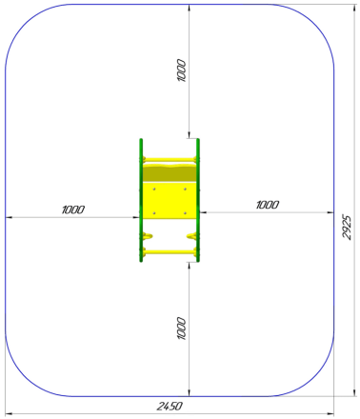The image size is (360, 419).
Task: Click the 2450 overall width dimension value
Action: pos(170,406)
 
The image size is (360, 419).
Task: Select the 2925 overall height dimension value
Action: pos(347,228)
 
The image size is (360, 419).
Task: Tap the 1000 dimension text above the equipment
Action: pos(181,70)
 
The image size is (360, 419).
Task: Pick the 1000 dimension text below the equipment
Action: pos(181,329)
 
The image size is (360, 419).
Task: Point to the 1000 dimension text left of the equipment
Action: pos(73,209)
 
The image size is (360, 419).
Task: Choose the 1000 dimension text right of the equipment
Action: pos(268,205)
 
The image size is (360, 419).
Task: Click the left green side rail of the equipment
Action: pos(141,200)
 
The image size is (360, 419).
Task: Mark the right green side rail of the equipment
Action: pos(198,200)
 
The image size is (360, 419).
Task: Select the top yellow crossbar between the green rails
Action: pos(170,159)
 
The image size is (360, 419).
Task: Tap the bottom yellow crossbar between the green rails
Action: pos(170,252)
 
